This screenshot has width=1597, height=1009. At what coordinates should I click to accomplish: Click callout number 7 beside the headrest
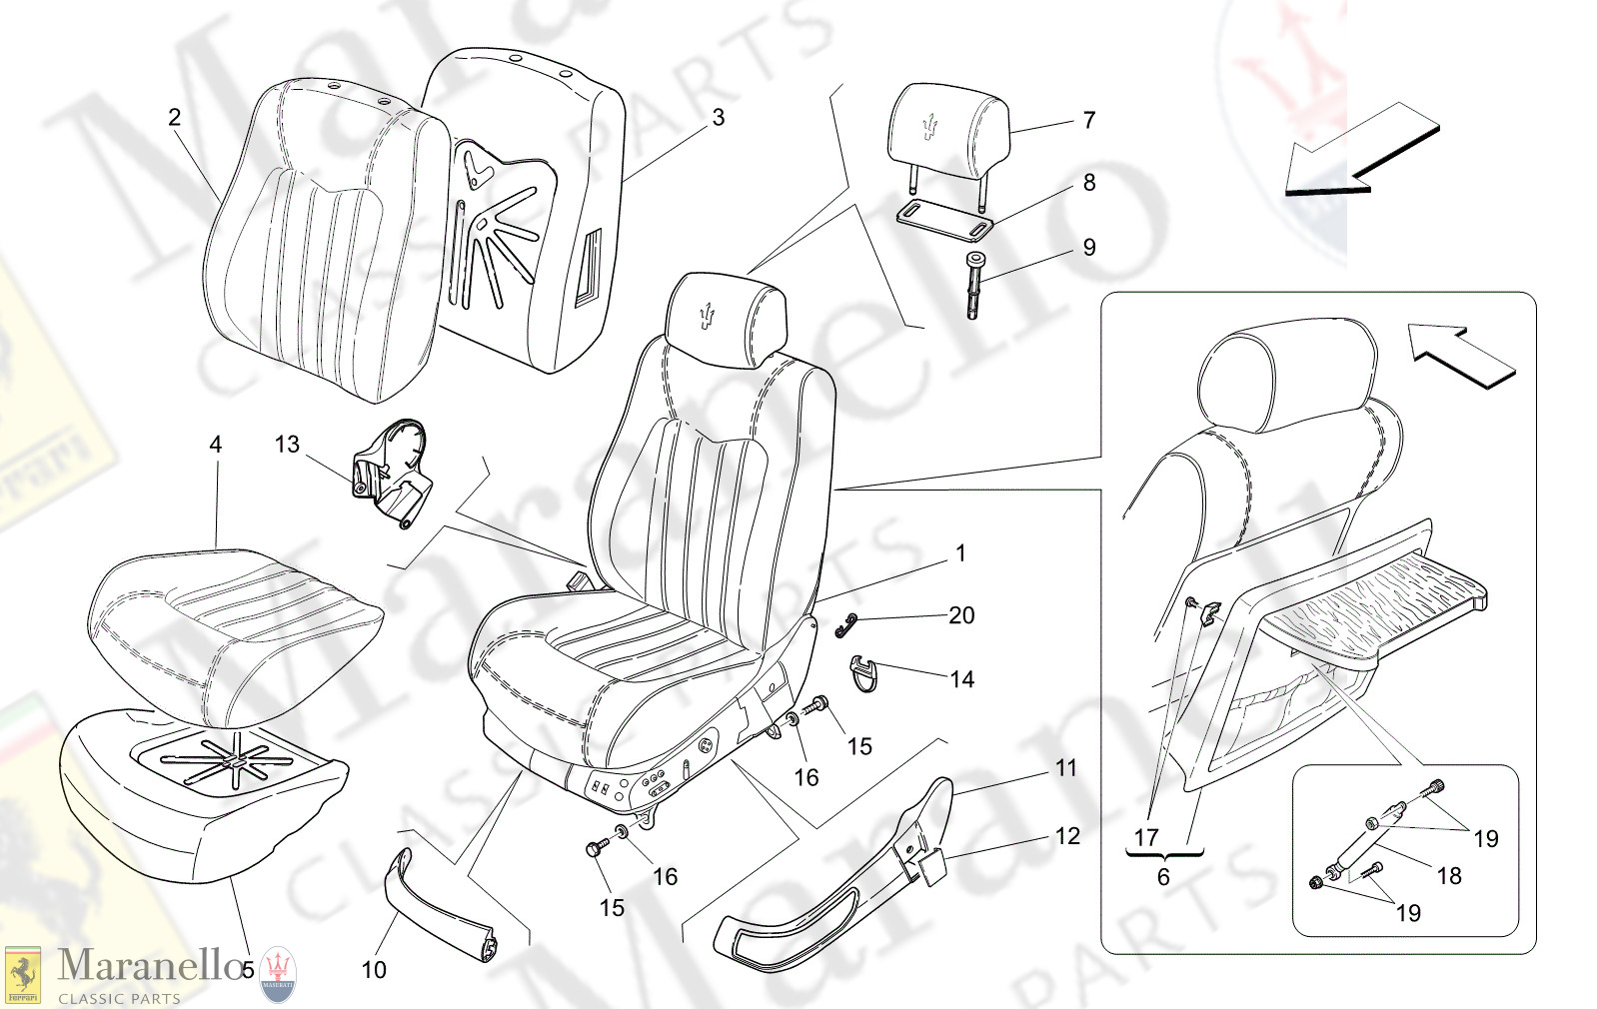1089,120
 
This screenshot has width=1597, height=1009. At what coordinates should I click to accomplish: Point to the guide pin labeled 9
975,285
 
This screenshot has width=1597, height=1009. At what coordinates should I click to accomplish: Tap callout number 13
287,445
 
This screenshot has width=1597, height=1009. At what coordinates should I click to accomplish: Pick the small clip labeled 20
846,625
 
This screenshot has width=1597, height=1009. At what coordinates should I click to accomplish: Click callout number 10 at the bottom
374,969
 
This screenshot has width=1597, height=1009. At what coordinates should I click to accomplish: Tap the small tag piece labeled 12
932,866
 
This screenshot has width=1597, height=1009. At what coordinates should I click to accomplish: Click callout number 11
1066,768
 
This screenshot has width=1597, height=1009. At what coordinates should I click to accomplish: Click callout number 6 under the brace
1163,877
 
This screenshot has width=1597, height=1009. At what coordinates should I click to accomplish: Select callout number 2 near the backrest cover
174,117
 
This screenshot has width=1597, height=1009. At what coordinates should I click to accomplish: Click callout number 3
718,117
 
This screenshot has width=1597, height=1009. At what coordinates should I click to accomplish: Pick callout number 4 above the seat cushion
216,445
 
